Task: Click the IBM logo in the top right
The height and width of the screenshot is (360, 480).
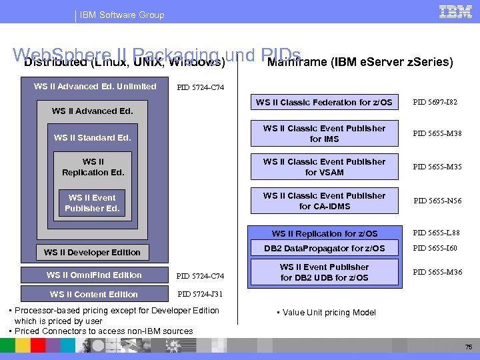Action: point(456,11)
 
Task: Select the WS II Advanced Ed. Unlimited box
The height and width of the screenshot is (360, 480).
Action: point(95,87)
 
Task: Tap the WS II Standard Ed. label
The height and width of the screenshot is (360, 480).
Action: point(93,138)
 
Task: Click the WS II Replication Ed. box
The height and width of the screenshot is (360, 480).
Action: point(93,167)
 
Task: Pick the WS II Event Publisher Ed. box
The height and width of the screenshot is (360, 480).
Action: point(93,203)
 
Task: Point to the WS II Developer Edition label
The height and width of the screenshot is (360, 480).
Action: point(92,252)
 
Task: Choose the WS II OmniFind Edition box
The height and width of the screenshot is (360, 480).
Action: point(94,275)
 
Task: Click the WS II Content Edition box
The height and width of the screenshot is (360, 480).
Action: point(94,294)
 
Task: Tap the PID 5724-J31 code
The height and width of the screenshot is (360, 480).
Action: point(199,294)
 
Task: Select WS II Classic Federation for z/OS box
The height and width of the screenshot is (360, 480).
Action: point(324,103)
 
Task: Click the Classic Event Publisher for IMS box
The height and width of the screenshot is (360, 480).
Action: point(324,133)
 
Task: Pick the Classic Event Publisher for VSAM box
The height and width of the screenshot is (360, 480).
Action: point(324,167)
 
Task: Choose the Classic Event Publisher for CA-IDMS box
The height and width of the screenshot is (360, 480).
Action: point(324,201)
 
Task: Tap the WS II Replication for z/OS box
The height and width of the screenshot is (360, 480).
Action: point(324,234)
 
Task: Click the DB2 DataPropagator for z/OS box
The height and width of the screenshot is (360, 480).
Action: point(324,249)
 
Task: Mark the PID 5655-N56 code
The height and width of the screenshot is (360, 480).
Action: point(437,201)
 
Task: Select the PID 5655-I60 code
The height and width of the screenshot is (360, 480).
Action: point(437,249)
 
